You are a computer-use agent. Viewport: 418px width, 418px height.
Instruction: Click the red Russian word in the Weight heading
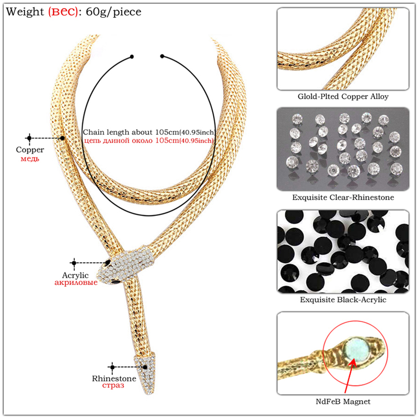63,11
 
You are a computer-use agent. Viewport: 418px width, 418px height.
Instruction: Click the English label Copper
30,149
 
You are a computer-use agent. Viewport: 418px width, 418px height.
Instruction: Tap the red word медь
30,158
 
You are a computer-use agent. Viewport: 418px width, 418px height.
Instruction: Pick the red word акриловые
75,283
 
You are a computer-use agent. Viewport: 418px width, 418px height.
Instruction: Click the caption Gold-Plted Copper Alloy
343,97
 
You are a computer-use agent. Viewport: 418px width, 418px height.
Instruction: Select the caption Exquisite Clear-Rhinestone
343,198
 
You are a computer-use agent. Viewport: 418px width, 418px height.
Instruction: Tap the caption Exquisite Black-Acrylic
343,300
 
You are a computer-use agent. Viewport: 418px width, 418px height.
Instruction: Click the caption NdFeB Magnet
343,401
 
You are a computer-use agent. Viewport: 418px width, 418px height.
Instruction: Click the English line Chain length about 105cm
149,132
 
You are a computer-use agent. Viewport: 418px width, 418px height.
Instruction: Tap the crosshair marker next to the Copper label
29,138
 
